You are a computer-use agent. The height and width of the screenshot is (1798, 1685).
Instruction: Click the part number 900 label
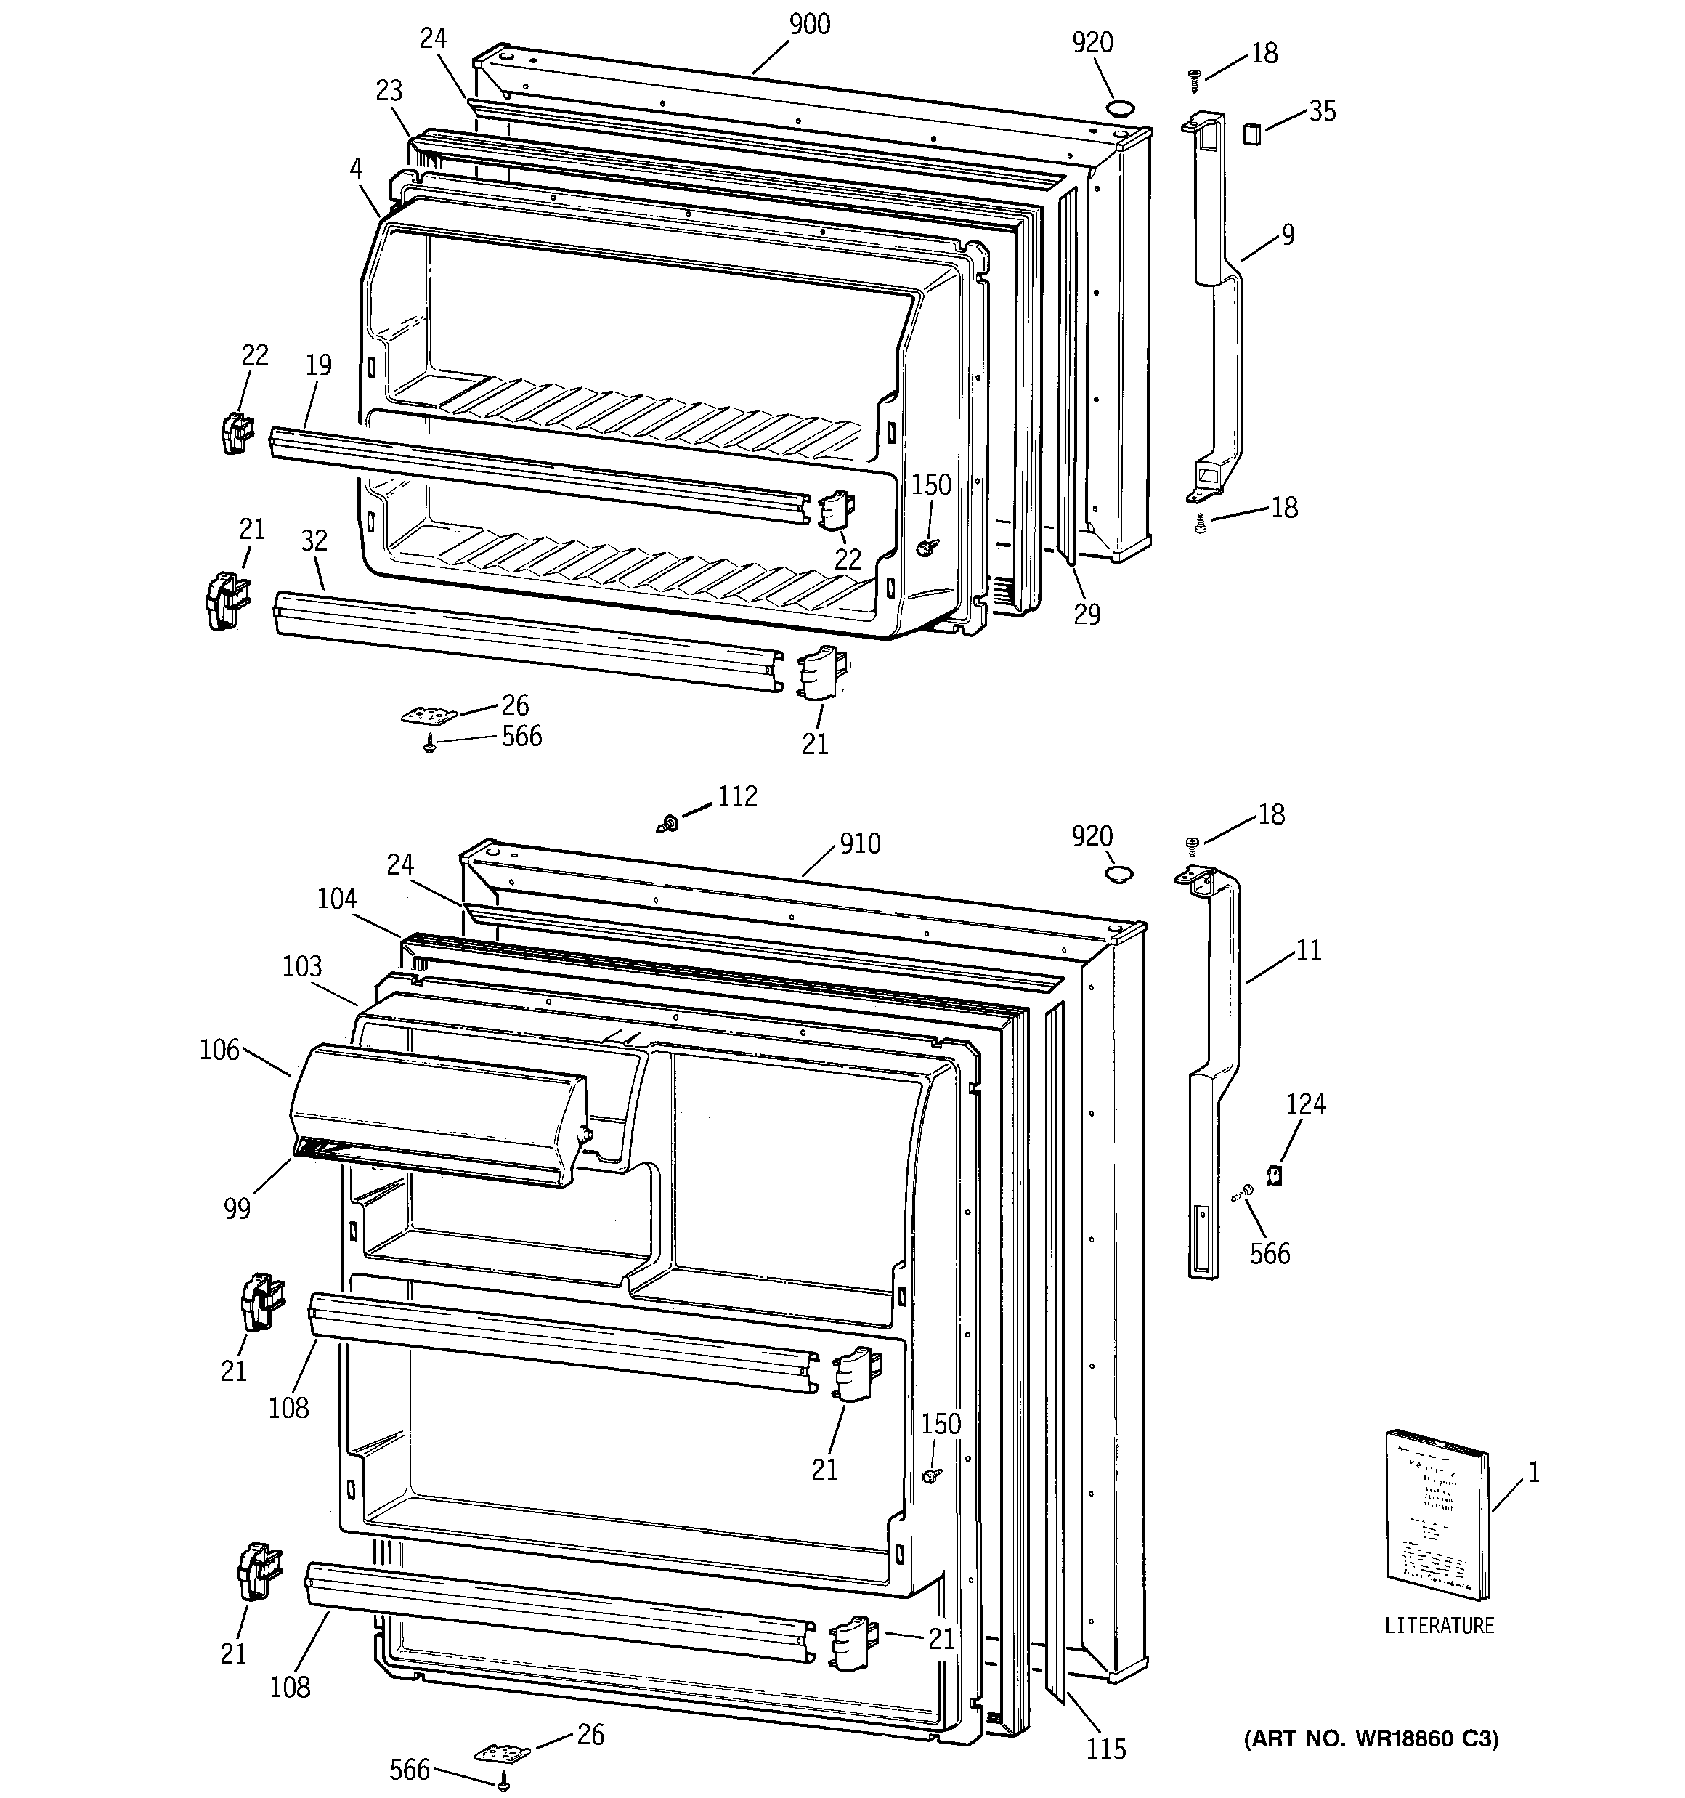pos(810,25)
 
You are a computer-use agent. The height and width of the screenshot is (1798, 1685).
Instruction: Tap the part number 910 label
pos(859,844)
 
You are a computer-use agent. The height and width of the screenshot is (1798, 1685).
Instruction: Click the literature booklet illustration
pos(1437,1528)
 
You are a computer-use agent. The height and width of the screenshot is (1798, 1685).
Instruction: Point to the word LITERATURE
pos(1439,1625)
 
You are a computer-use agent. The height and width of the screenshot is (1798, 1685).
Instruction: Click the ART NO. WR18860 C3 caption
pos(1371,1738)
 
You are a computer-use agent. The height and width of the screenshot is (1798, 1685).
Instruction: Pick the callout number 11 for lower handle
pos(1308,949)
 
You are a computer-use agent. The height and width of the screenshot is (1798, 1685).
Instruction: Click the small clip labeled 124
pos(1275,1175)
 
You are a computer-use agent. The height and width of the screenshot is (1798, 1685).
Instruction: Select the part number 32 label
pos(314,540)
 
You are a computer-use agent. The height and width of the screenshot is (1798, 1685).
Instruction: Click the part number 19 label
pos(318,365)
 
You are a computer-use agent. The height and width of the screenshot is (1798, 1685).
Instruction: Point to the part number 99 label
pos(237,1208)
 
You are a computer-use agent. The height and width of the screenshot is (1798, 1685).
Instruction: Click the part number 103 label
pos(302,966)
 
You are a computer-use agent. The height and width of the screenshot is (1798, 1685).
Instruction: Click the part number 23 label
pos(389,92)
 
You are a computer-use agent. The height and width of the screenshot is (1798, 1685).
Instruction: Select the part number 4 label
pos(357,169)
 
